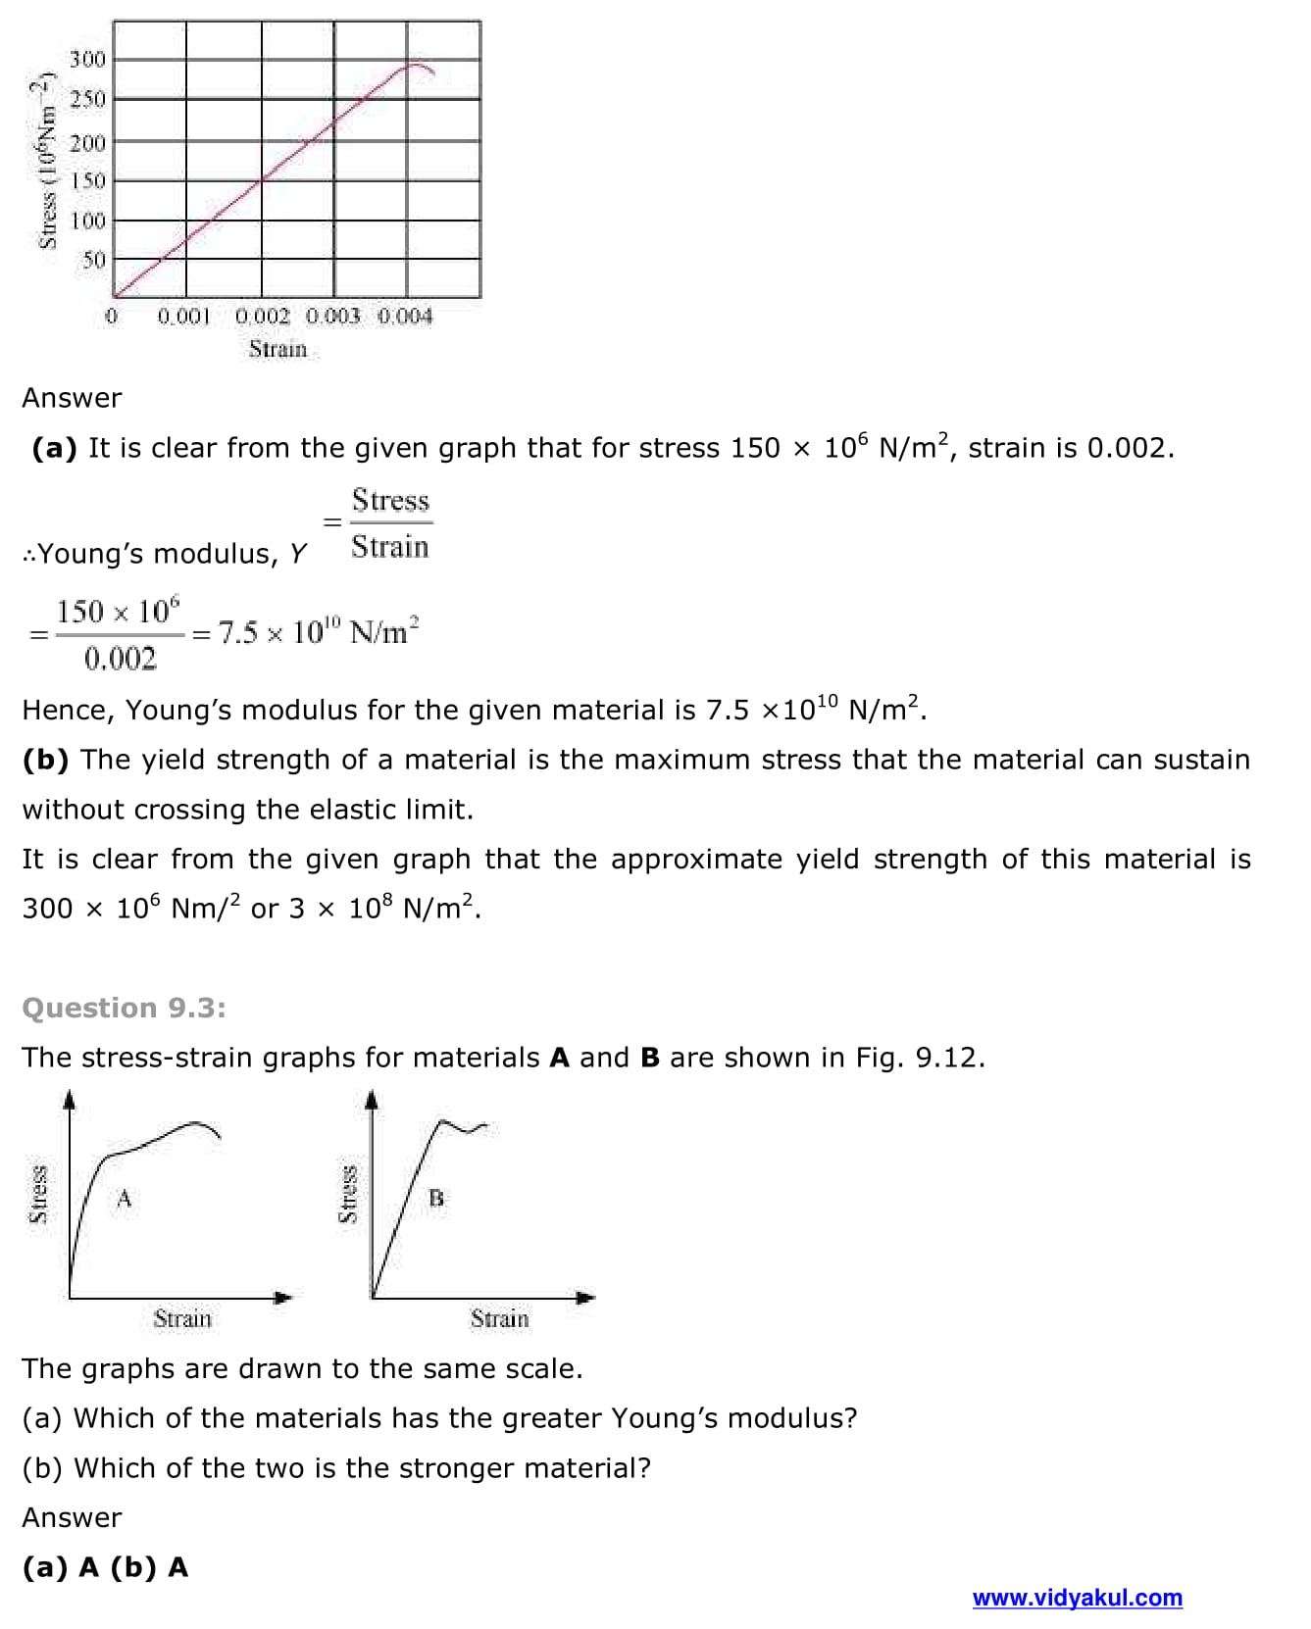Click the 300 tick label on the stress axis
point(87,60)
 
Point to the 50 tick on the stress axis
point(93,261)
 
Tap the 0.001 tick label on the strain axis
point(184,317)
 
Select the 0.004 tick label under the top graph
point(405,317)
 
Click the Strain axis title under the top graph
point(277,350)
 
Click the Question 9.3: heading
point(124,1008)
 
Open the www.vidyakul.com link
point(1077,1598)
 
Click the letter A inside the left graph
point(124,1198)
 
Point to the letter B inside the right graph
point(436,1198)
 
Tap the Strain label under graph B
point(499,1319)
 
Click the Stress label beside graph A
point(38,1194)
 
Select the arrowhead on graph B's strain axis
point(585,1298)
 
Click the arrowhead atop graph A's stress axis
point(70,1100)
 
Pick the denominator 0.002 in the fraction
point(120,659)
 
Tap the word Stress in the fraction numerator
point(390,501)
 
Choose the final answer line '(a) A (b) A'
point(105,1567)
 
